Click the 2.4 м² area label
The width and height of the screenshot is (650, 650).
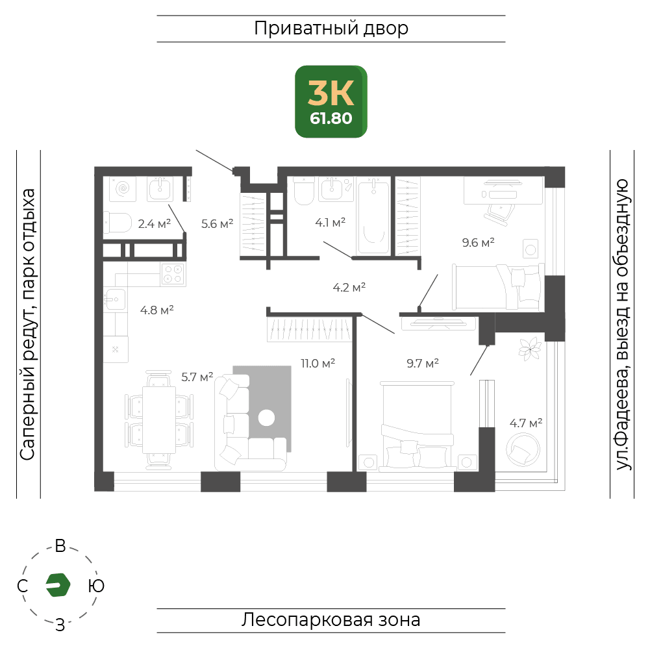(154, 224)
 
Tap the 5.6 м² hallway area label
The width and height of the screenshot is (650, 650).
(218, 224)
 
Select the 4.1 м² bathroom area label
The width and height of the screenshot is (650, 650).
(331, 223)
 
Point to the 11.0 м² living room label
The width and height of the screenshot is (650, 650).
(318, 364)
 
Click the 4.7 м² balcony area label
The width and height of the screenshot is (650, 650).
(526, 423)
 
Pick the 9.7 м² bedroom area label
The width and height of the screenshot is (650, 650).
(423, 364)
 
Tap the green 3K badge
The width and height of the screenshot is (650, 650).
(331, 101)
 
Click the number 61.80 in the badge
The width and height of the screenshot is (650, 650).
(331, 119)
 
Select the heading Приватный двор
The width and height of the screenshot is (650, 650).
(331, 29)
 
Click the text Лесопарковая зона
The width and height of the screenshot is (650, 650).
(331, 620)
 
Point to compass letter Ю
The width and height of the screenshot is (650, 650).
(96, 586)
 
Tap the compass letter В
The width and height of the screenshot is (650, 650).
(60, 546)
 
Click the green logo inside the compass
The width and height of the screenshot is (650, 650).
(58, 585)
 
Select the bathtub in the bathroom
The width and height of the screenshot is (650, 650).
(373, 216)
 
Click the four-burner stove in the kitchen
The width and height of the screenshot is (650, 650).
(173, 274)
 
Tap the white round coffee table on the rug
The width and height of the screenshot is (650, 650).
(266, 418)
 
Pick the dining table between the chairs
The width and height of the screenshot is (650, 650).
(159, 420)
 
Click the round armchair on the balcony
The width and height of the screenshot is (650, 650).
(523, 450)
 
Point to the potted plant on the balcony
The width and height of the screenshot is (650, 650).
(530, 349)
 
